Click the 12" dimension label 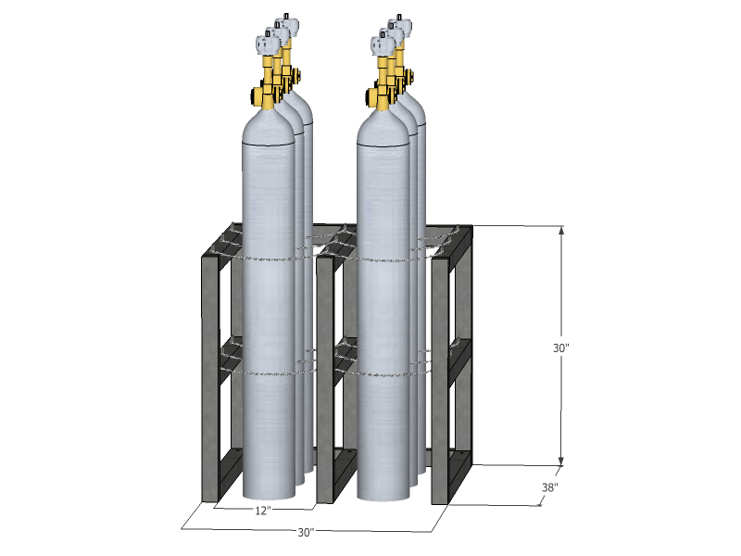[x=262, y=510]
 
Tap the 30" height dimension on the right [x=560, y=348]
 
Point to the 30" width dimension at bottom [x=307, y=533]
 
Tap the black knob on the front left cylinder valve [x=254, y=94]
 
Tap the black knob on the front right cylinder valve [x=370, y=94]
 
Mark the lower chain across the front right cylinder [x=384, y=374]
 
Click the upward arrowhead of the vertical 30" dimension [x=560, y=230]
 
